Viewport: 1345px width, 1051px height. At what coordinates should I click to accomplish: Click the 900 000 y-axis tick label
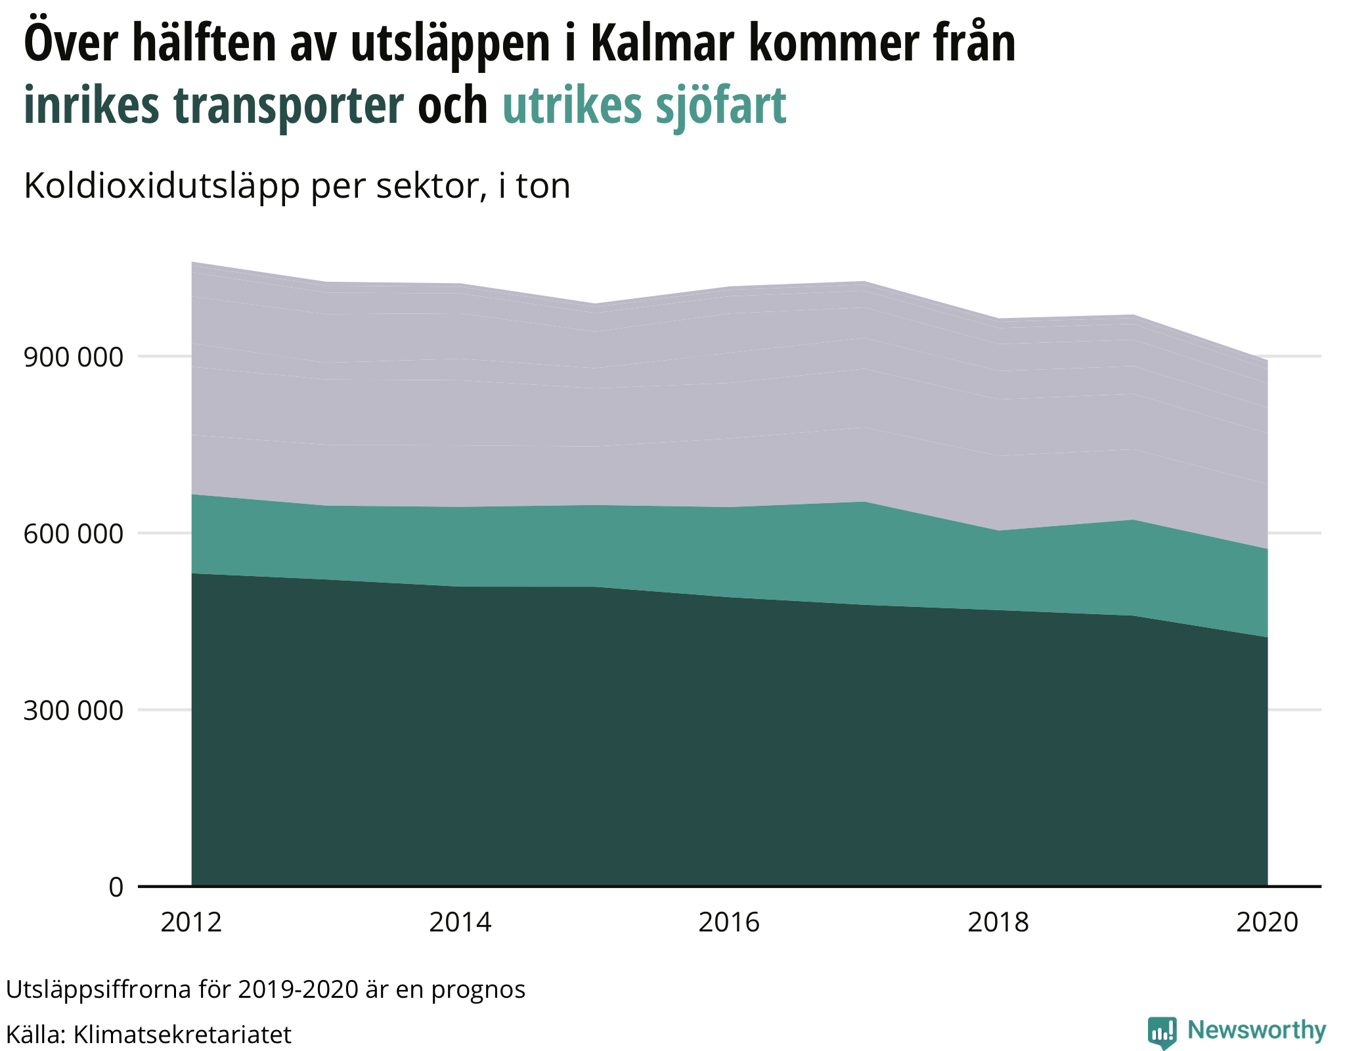coord(73,357)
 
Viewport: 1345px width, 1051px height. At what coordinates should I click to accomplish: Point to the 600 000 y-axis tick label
coord(73,533)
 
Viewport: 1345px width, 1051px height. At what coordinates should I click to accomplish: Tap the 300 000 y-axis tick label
coord(73,710)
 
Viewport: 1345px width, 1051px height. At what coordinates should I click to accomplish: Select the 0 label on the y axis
coord(116,887)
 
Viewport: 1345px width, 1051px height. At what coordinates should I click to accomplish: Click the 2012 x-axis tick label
coord(191,922)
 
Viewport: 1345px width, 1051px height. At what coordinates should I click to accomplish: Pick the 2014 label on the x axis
coord(460,922)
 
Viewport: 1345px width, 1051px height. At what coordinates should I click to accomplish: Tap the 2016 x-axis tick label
coord(729,922)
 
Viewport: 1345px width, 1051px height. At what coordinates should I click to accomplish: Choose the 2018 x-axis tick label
coord(998,922)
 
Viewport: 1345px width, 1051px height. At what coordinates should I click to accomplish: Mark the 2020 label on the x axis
coord(1267,922)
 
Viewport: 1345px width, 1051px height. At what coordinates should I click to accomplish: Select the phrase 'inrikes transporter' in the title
coord(213,105)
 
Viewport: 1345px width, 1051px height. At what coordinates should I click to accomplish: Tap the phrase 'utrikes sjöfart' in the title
coord(644,105)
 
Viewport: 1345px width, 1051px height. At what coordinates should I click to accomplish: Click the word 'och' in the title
coord(452,105)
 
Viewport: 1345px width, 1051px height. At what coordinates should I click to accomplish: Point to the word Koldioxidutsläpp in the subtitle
coord(163,186)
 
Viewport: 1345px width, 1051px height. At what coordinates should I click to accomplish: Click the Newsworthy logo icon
coord(1162,1032)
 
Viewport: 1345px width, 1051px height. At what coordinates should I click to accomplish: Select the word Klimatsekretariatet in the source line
coord(182,1035)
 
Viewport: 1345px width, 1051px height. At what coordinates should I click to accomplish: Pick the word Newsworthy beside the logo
coord(1256,1030)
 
